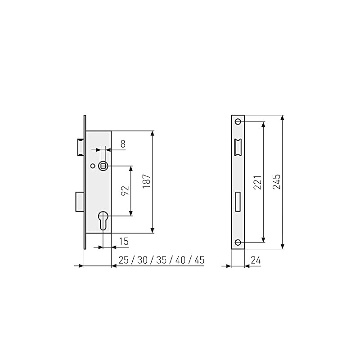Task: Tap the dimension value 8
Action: click(123, 144)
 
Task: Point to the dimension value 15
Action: click(124, 242)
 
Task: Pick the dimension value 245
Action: click(276, 182)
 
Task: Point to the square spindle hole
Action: click(103, 166)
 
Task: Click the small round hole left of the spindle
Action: click(93, 166)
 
